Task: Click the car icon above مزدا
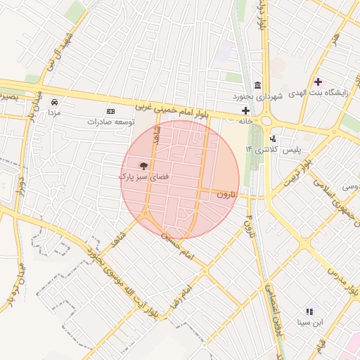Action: (x=54, y=101)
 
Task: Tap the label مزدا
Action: (x=54, y=112)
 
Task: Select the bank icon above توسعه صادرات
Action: (x=110, y=111)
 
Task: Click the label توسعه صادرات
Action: (x=110, y=122)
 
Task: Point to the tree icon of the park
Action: (x=143, y=166)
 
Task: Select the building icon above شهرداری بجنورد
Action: (x=257, y=85)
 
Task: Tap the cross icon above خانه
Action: (x=245, y=110)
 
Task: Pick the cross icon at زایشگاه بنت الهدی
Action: (x=318, y=82)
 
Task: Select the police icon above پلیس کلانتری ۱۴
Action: (x=273, y=139)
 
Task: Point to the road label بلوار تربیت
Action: (x=295, y=172)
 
